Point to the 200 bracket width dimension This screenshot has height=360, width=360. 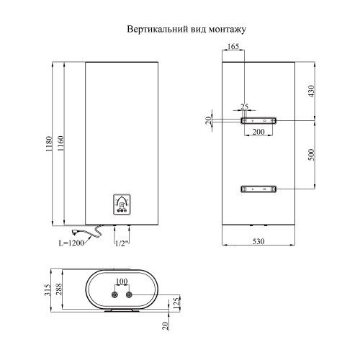(257, 133)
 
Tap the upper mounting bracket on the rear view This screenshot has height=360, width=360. (257, 121)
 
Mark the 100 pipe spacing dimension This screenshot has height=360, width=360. (121, 281)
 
